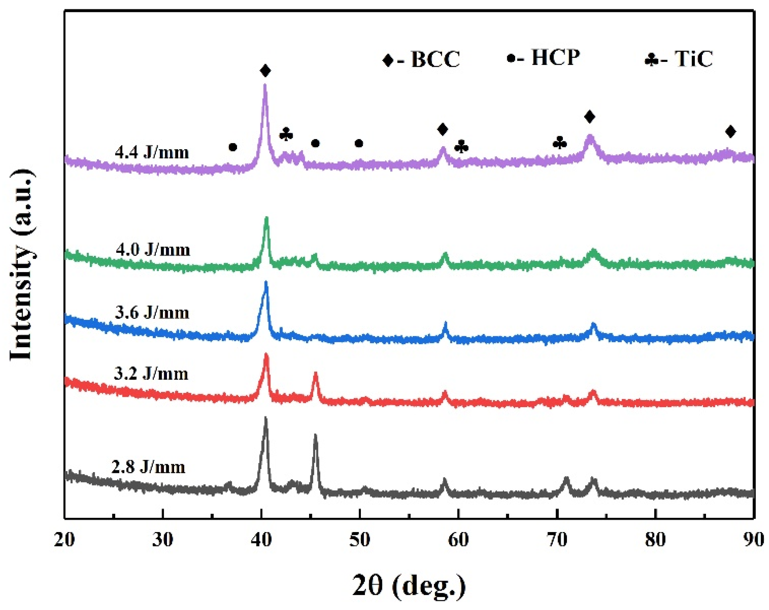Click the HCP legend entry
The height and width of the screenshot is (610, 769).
pos(544,57)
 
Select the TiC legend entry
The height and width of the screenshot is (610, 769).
pos(679,59)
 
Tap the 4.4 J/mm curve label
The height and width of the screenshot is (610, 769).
pos(152,152)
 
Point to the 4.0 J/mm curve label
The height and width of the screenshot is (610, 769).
pos(153,249)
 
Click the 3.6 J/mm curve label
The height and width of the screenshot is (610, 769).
pos(152,312)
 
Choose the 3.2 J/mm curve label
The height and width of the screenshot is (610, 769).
pos(151,374)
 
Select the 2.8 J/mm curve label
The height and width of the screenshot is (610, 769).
pos(148,467)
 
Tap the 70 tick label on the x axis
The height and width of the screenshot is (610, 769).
pos(557,540)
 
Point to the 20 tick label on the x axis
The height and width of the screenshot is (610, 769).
pos(64,540)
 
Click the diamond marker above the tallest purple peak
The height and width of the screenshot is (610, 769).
pos(265,70)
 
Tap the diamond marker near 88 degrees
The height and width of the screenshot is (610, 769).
pos(730,131)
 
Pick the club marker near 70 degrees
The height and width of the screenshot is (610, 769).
pos(560,142)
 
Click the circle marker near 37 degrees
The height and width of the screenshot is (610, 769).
pos(233,147)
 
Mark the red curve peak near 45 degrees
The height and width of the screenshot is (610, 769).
pos(315,373)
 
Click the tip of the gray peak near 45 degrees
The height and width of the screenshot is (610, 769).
pos(315,435)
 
